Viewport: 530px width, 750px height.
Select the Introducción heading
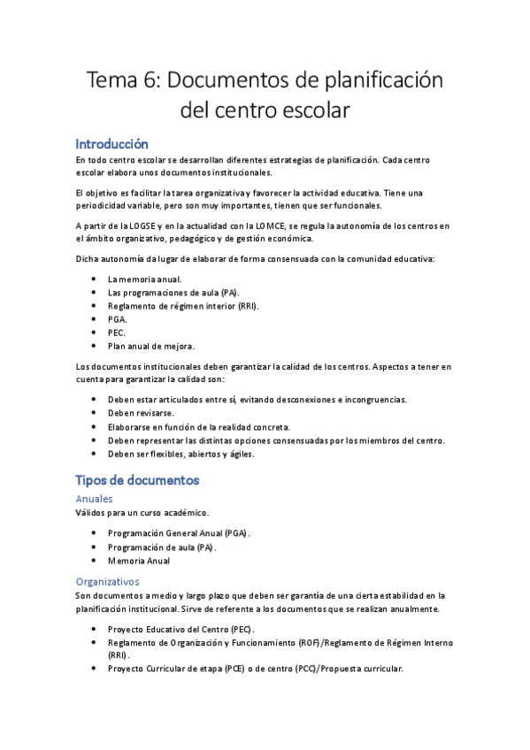[x=111, y=143]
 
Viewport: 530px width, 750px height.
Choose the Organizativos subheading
[x=108, y=581]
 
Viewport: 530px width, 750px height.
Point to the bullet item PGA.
[x=117, y=318]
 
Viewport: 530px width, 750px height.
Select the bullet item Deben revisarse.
[x=141, y=413]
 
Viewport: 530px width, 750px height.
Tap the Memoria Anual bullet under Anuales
[x=139, y=561]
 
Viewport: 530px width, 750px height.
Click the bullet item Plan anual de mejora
[x=150, y=346]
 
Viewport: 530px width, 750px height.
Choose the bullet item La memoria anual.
[x=144, y=279]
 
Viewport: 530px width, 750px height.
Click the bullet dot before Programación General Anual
[x=94, y=533]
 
